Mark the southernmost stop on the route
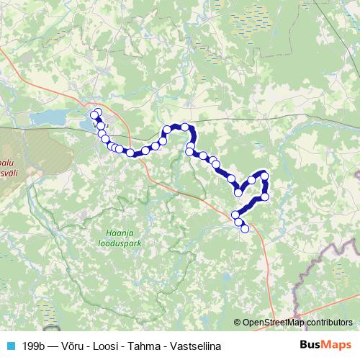(x=245, y=229)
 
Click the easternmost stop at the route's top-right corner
(x=265, y=175)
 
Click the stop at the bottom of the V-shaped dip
(x=238, y=192)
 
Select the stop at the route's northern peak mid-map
(x=185, y=127)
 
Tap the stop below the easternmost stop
(x=265, y=196)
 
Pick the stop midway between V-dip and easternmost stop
(x=252, y=179)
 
